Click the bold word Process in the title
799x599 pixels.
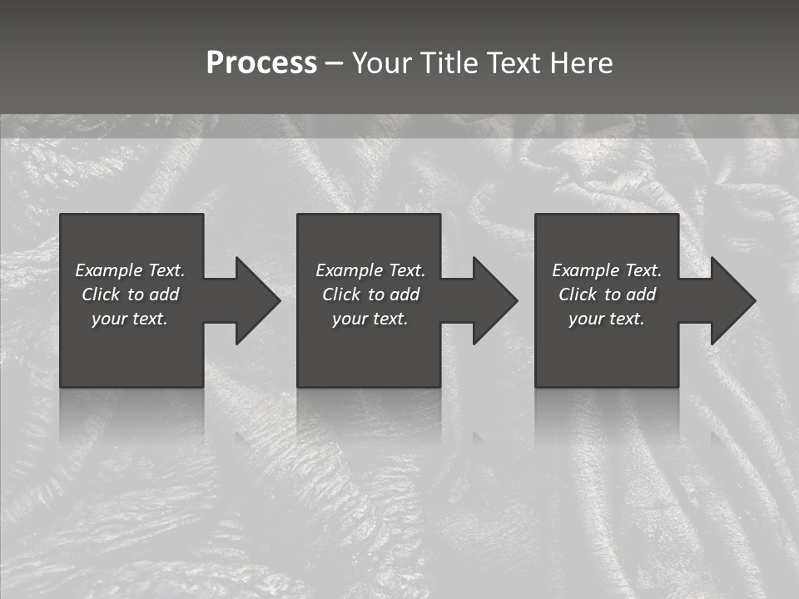(x=261, y=63)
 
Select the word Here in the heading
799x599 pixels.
(x=580, y=63)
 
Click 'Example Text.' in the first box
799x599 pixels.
(x=130, y=270)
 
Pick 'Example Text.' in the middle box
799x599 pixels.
(x=370, y=270)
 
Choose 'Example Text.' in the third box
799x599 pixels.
(x=607, y=270)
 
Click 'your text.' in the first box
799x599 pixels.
(x=130, y=319)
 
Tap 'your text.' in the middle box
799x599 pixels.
(x=370, y=319)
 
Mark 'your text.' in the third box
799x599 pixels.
(x=607, y=319)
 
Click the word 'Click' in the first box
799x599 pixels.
(x=101, y=295)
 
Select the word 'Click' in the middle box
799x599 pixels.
(x=341, y=295)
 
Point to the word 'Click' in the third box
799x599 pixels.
(x=578, y=295)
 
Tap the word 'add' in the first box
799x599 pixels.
(x=164, y=295)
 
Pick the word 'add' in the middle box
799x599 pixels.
(x=404, y=295)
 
